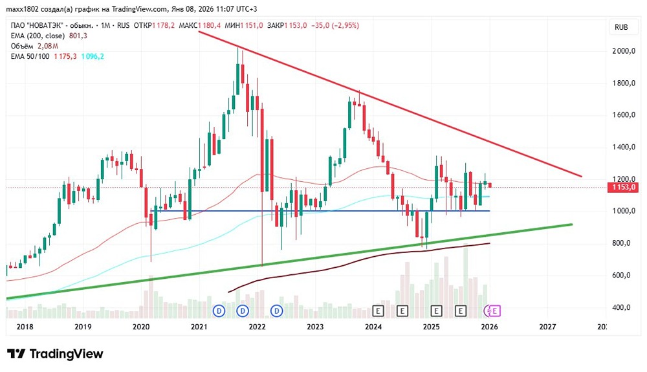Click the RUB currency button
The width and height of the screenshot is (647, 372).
[x=620, y=27]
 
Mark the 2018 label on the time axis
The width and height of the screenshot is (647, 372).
[x=24, y=327]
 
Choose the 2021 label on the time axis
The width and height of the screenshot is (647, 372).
[x=199, y=327]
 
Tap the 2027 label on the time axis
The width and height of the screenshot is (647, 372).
[x=547, y=327]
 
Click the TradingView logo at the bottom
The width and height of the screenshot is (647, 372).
[x=55, y=354]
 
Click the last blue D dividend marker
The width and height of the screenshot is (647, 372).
[x=278, y=311]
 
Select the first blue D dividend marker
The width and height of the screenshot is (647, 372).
[x=219, y=311]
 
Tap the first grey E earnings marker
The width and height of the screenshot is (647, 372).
[x=379, y=311]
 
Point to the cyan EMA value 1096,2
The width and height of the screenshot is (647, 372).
[x=92, y=56]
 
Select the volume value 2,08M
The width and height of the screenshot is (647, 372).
[x=48, y=46]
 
